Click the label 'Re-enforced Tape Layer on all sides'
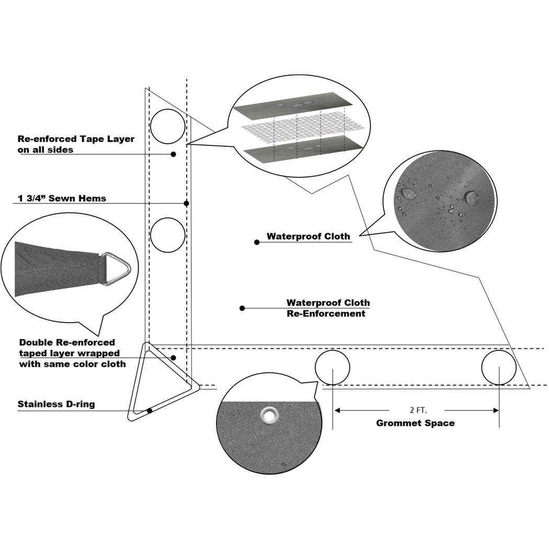coord(76,144)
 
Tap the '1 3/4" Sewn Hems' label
coord(62,198)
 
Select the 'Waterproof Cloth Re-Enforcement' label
coord(328,308)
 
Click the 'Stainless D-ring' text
coord(56,404)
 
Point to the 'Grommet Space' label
coord(415,423)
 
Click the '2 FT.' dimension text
coord(416,410)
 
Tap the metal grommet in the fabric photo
coord(270,415)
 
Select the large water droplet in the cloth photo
coord(472,198)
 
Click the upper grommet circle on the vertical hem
coord(168,126)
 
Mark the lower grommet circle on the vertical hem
coord(168,235)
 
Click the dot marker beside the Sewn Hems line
coord(186,203)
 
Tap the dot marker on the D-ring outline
coord(150,411)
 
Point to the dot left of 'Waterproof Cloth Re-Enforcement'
coord(242,308)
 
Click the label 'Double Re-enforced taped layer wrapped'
coord(72,353)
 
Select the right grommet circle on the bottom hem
coord(499,367)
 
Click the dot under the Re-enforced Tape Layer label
coord(173,154)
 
